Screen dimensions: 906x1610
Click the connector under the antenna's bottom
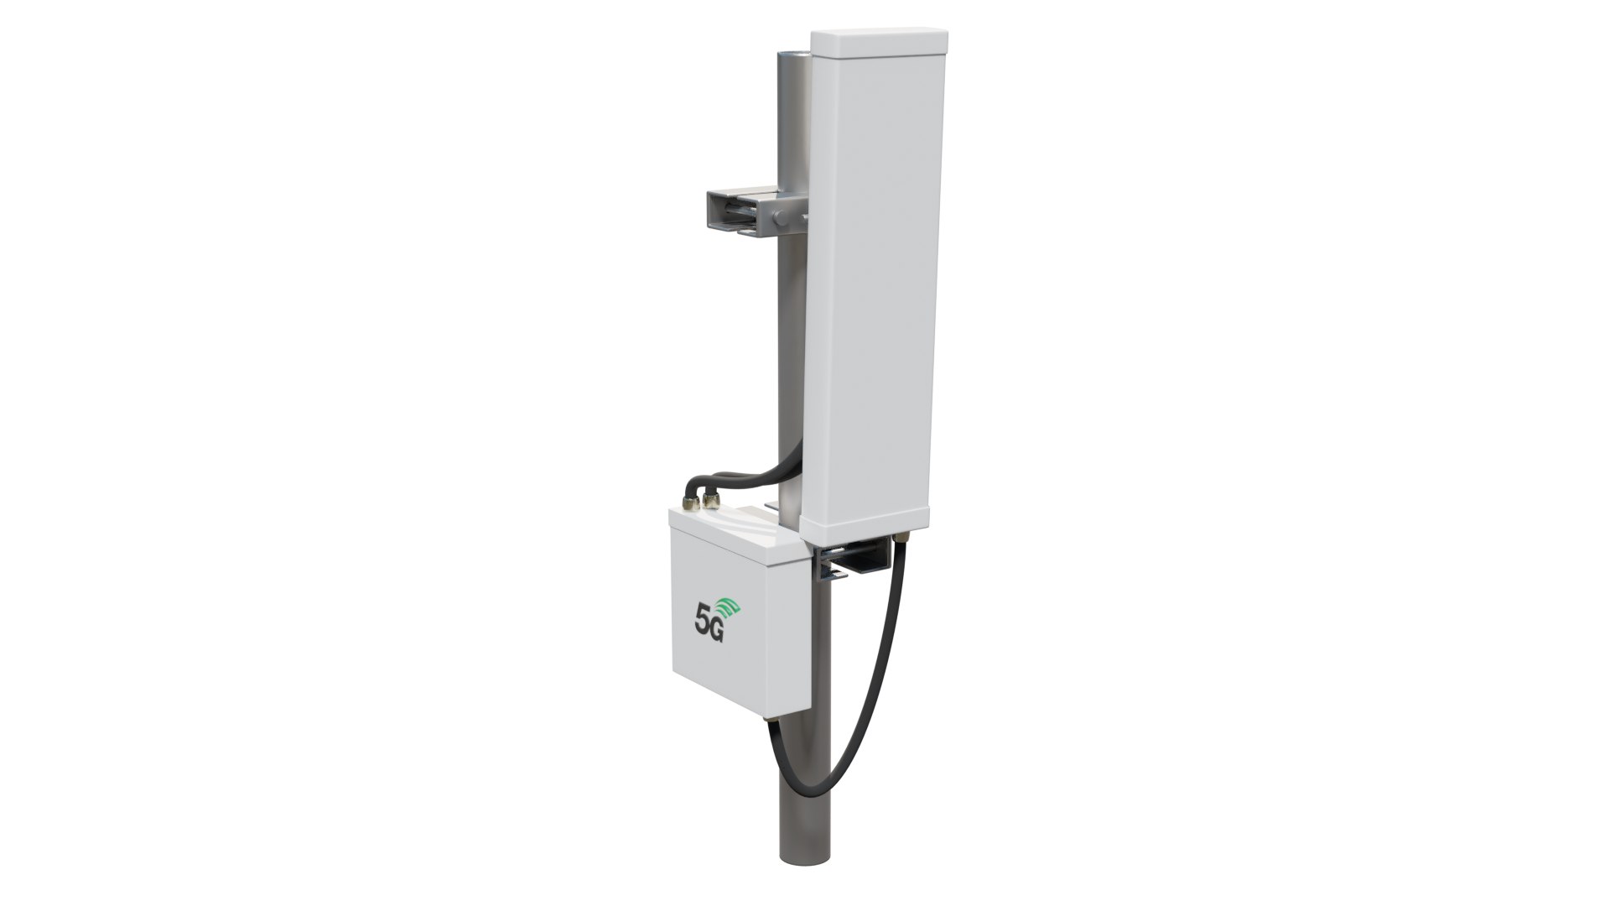(x=902, y=536)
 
